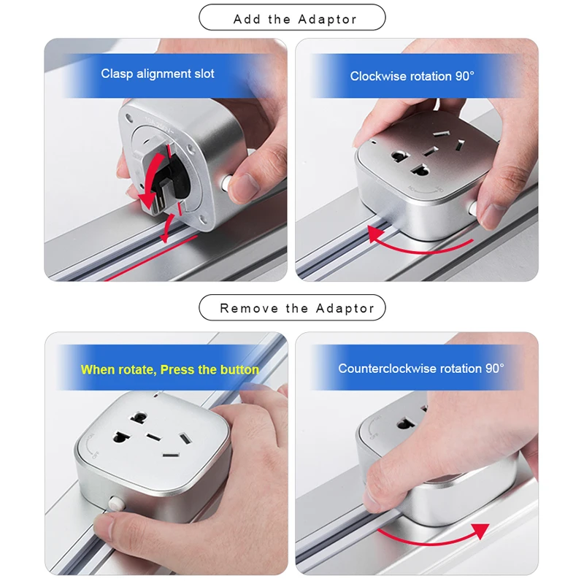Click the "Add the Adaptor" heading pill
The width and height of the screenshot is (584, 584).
coord(292,18)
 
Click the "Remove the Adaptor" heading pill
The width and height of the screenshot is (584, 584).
coord(293,307)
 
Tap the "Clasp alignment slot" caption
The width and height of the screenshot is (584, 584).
coord(158,74)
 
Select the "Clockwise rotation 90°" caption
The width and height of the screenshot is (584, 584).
coord(412,76)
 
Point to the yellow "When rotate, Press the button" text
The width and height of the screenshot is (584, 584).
coord(170,369)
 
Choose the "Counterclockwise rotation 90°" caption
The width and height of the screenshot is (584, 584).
coord(421,369)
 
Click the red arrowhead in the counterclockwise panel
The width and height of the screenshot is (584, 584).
coord(481,531)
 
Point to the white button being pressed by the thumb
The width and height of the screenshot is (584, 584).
coord(116,504)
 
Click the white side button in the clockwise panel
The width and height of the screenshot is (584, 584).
coord(473,207)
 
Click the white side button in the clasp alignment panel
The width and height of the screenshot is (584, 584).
coord(226,182)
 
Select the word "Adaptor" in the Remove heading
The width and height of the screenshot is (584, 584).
coord(345,308)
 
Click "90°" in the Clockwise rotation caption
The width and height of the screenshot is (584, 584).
coord(465,76)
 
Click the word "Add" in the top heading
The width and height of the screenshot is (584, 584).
coord(247,19)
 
